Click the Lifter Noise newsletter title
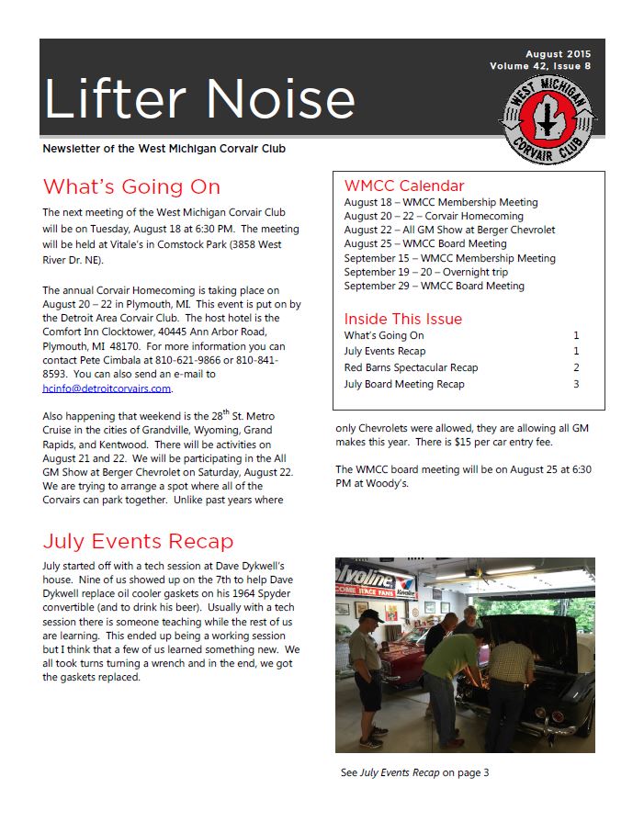[199, 98]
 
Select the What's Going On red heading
[131, 186]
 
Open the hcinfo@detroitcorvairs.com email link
[107, 388]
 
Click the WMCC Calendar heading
[404, 186]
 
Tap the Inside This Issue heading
[403, 319]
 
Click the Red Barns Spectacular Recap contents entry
[411, 367]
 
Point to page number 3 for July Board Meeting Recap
[576, 384]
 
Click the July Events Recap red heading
[138, 541]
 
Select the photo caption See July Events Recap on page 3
[414, 772]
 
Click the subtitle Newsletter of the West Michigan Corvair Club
[170, 149]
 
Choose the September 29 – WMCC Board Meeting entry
[434, 286]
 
